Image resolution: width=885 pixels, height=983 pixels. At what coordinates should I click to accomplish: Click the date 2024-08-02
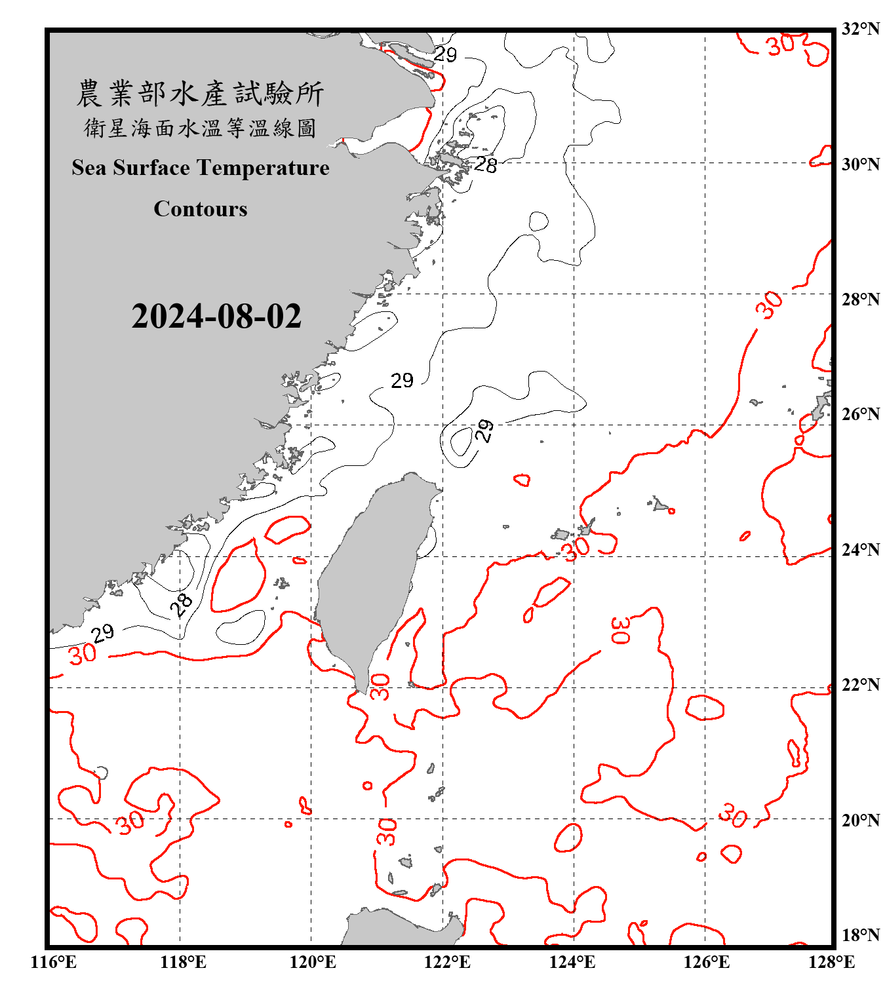click(216, 316)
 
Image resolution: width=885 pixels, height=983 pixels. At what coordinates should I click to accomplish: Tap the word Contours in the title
click(201, 209)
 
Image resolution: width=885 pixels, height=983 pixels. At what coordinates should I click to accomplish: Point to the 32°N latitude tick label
click(860, 29)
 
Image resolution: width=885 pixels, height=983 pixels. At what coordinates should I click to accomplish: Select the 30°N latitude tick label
click(860, 164)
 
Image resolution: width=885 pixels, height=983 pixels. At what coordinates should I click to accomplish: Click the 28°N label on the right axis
click(860, 299)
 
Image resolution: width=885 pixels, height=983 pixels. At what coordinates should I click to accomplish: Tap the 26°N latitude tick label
click(860, 414)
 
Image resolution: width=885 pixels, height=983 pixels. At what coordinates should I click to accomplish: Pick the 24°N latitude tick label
click(860, 549)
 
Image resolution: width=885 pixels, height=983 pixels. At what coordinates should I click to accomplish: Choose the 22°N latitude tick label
click(860, 684)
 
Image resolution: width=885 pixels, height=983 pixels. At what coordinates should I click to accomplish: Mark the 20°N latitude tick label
click(860, 820)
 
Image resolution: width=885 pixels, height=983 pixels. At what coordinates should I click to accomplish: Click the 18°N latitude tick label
click(860, 935)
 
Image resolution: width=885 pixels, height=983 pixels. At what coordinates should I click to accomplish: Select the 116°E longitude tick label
click(54, 962)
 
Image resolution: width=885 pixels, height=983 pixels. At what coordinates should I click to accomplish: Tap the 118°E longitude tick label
click(184, 962)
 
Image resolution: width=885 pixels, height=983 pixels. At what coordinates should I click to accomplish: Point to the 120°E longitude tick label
click(313, 962)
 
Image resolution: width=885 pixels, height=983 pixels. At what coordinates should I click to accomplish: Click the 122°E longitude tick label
click(447, 962)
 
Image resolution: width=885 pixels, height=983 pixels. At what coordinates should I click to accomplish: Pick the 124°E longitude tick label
click(572, 962)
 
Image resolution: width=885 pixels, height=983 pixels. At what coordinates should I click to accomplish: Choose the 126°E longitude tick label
click(707, 962)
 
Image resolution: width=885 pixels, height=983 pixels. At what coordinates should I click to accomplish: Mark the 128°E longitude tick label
click(832, 962)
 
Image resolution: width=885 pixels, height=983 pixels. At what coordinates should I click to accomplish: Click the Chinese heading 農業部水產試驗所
click(200, 94)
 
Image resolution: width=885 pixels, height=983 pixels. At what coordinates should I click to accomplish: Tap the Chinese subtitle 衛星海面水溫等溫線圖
click(200, 128)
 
